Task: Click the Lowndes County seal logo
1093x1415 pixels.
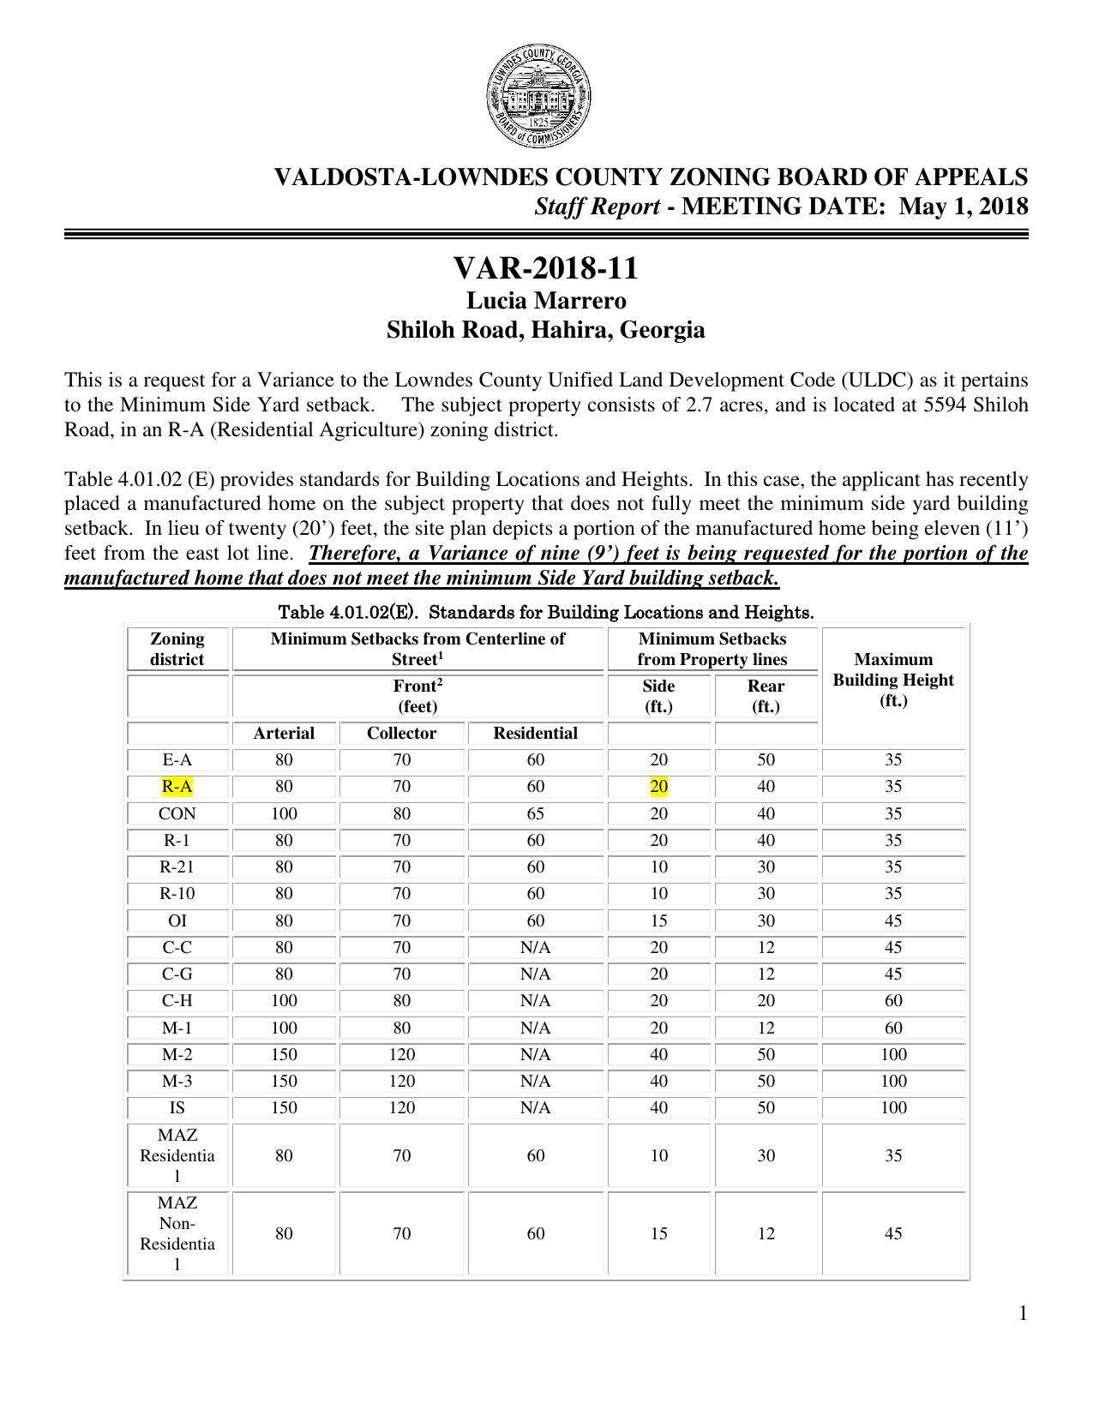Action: click(x=537, y=99)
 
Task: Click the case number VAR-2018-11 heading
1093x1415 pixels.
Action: click(x=545, y=269)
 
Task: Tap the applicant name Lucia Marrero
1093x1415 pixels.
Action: click(x=545, y=302)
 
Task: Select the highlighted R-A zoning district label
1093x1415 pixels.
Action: click(x=177, y=787)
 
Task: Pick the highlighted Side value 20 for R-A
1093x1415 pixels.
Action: click(x=658, y=787)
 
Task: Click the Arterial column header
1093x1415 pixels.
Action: click(x=284, y=734)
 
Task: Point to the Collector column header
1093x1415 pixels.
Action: click(x=401, y=734)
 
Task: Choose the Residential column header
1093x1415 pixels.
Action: click(x=535, y=734)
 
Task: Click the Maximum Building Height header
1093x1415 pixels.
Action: click(x=892, y=680)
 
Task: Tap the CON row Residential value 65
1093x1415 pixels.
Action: click(x=535, y=813)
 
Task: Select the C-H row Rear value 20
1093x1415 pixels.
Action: click(x=766, y=1001)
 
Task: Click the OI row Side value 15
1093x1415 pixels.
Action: click(x=658, y=921)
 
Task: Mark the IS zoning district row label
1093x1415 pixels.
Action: click(x=177, y=1108)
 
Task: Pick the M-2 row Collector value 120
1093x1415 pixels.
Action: click(x=401, y=1055)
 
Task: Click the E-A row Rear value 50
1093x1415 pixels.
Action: click(x=766, y=760)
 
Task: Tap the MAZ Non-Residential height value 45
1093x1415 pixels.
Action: click(x=892, y=1234)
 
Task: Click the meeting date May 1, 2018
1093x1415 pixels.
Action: click(x=964, y=207)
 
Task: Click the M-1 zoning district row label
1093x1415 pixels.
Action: click(x=177, y=1028)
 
